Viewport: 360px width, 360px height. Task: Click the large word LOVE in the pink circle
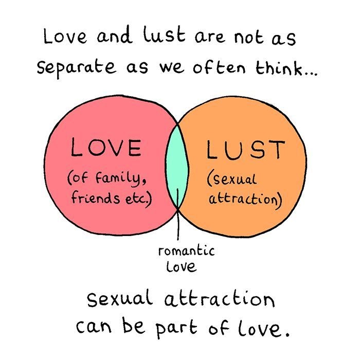(106, 148)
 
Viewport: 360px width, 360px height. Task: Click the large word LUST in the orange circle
(245, 149)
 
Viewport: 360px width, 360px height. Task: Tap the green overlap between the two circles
(177, 165)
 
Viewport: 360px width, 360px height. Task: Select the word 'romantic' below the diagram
(186, 252)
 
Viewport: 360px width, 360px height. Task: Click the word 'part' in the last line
(194, 327)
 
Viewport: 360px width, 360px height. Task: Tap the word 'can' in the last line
(95, 326)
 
